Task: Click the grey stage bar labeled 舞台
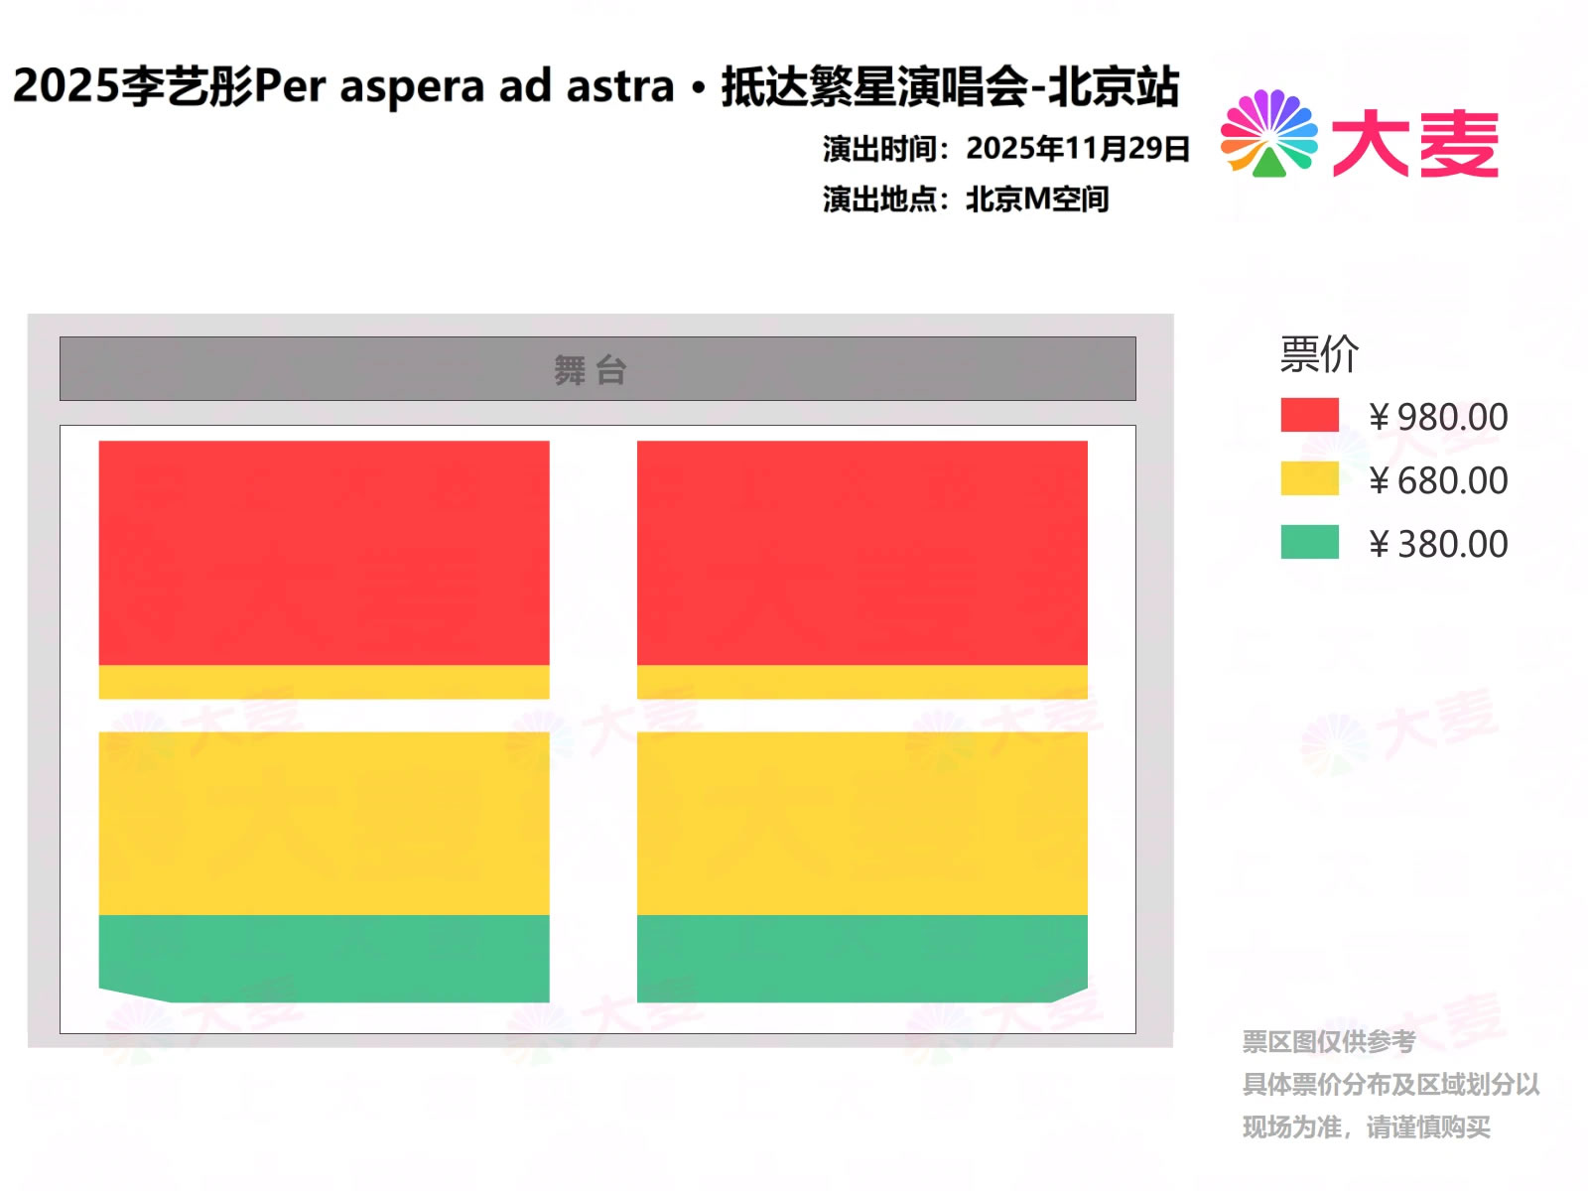tap(597, 368)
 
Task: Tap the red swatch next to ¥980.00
tap(1309, 415)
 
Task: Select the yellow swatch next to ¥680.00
tap(1309, 478)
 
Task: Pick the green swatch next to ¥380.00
tap(1309, 542)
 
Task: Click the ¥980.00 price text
tap(1438, 417)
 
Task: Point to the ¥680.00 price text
tap(1438, 480)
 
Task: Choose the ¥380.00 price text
tap(1438, 544)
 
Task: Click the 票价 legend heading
tap(1319, 354)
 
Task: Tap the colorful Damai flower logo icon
tap(1269, 133)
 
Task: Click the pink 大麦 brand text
tap(1415, 143)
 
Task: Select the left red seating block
tap(325, 553)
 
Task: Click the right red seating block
tap(862, 553)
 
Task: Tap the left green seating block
tap(325, 958)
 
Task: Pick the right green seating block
tap(862, 958)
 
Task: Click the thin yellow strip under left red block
tap(325, 682)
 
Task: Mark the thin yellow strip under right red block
tap(862, 682)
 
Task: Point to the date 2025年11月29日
tap(1078, 148)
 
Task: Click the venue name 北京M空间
tap(1037, 198)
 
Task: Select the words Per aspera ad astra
tap(464, 86)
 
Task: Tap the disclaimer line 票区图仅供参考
tap(1329, 1041)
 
